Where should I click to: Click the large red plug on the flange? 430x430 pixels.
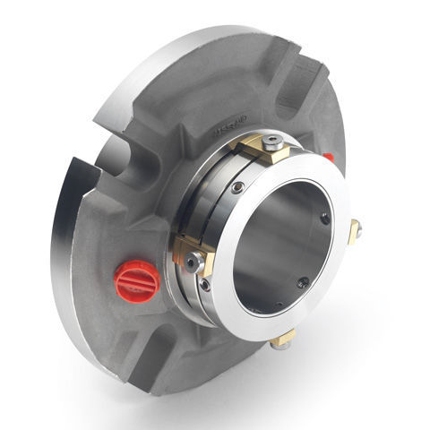(x=137, y=280)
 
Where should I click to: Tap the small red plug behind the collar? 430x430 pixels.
(x=329, y=158)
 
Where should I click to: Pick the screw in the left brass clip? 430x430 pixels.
(x=193, y=261)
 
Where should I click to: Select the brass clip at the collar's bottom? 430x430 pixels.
(x=284, y=338)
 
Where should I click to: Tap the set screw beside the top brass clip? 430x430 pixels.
(x=237, y=187)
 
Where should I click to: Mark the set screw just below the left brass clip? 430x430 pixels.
(x=205, y=285)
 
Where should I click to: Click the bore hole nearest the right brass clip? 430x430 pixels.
(x=324, y=218)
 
